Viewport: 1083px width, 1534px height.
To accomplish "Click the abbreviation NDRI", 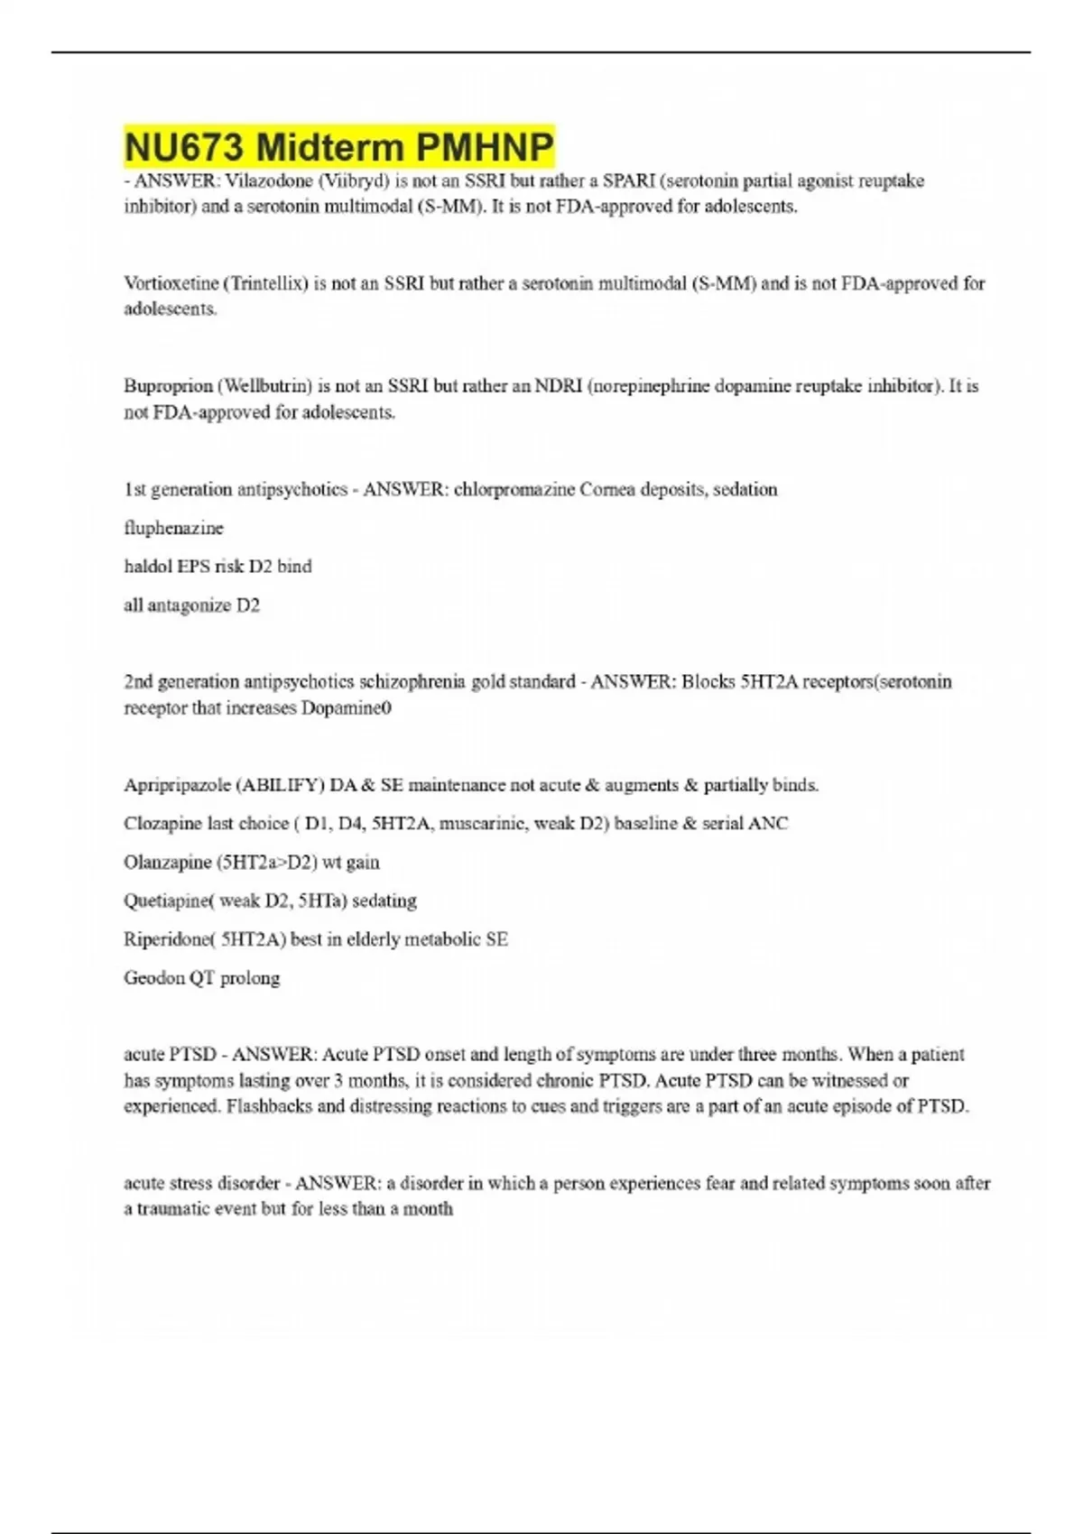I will point(558,386).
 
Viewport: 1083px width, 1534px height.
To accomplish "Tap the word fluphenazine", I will point(173,528).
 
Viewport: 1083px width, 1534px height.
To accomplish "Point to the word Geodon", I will point(153,978).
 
